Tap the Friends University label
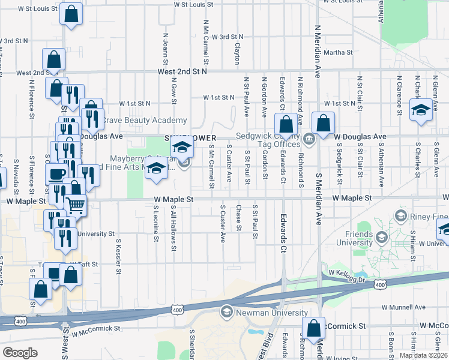(x=346, y=238)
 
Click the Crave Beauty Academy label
(x=143, y=120)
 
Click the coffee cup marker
(x=56, y=174)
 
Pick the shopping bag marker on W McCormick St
(x=313, y=328)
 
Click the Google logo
(x=20, y=352)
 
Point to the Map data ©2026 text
(x=423, y=355)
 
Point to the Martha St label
(x=334, y=52)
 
